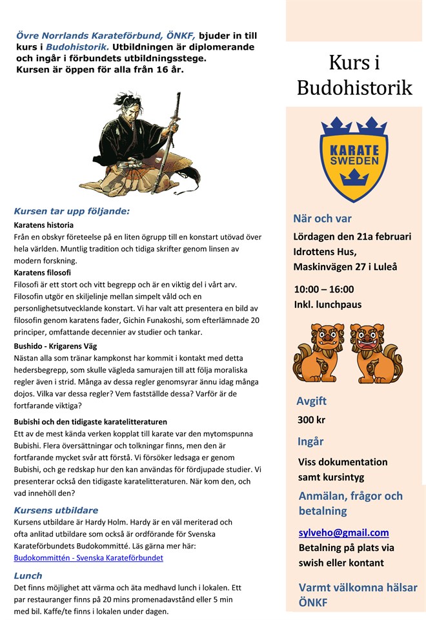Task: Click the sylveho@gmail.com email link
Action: [343, 533]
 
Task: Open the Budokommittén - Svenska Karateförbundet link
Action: [88, 557]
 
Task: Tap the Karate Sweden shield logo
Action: [354, 158]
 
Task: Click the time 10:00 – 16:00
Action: [323, 289]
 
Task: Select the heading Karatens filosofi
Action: [43, 273]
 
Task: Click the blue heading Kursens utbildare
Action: [56, 510]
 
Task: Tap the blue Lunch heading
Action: [28, 575]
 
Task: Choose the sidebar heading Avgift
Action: [311, 400]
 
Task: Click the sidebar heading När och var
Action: [322, 218]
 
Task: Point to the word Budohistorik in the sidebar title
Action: [354, 87]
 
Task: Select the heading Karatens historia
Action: [44, 225]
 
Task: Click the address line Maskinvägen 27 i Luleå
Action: [345, 266]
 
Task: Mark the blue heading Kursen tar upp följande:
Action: [72, 211]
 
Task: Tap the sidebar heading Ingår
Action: [310, 442]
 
